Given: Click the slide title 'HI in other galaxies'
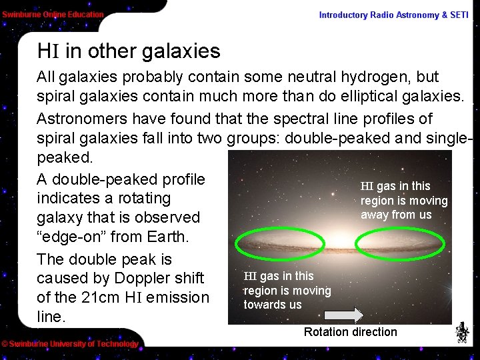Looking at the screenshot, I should pos(129,51).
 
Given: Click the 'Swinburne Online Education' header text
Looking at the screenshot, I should pos(53,14).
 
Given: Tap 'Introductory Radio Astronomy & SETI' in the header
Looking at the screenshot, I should pos(393,15).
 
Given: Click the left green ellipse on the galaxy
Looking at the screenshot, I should pos(271,244).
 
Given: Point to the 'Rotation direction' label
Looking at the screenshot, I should pos(350,332).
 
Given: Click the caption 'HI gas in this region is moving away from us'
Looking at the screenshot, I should pos(403,200).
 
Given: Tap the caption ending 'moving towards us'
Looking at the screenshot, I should pos(287,290).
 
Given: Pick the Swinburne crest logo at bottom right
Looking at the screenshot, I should pos(462,332).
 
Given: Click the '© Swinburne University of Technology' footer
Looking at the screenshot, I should pos(69,344).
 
